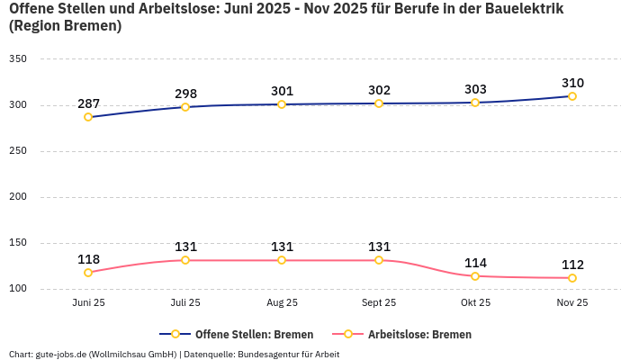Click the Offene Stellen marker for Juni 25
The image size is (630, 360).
click(x=88, y=117)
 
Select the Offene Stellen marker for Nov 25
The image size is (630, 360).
click(x=572, y=96)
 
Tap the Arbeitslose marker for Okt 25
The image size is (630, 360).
click(x=475, y=276)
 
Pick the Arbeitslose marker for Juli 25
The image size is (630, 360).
click(x=185, y=260)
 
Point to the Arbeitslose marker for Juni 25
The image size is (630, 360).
click(x=88, y=273)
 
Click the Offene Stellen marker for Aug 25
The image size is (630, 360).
click(x=282, y=104)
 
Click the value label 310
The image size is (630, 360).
click(x=572, y=83)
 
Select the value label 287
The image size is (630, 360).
click(x=88, y=103)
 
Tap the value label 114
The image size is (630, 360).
click(x=475, y=263)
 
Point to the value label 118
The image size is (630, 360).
click(x=88, y=259)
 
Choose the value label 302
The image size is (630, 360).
click(x=379, y=90)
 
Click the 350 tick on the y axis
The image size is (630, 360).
click(x=18, y=59)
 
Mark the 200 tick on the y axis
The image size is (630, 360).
click(x=18, y=197)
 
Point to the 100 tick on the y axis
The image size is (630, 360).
click(x=18, y=289)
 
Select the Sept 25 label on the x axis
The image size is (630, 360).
click(x=379, y=303)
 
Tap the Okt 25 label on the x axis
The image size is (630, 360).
click(x=475, y=303)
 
